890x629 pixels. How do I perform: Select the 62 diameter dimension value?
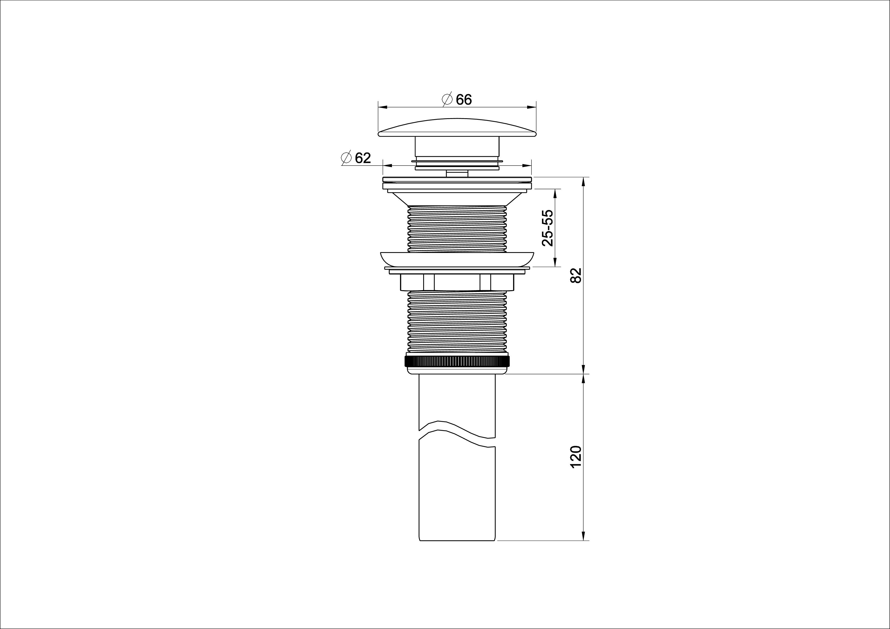[363, 158]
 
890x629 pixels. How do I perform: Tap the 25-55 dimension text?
[548, 228]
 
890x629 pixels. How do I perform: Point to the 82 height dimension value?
[576, 275]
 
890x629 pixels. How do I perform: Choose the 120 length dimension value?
[576, 457]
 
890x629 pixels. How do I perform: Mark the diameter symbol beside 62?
[346, 158]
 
